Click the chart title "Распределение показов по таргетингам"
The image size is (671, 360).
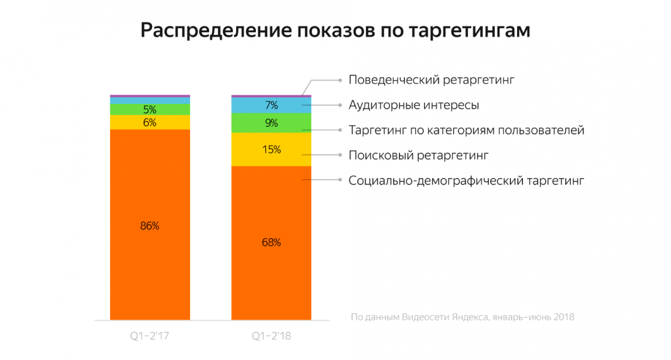[335, 30]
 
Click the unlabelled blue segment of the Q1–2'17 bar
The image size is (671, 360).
[150, 101]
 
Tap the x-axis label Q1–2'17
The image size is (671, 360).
[149, 336]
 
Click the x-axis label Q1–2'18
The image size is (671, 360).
[271, 336]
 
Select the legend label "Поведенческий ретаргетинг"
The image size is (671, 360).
[431, 80]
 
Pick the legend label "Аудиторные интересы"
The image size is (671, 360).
[414, 105]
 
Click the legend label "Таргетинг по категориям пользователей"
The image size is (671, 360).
[466, 130]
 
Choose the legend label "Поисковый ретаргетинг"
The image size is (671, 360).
[418, 155]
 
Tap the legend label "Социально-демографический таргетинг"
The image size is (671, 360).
[466, 180]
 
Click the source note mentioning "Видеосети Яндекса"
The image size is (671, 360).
[462, 317]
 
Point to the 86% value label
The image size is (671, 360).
[150, 226]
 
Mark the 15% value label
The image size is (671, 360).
[271, 149]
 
